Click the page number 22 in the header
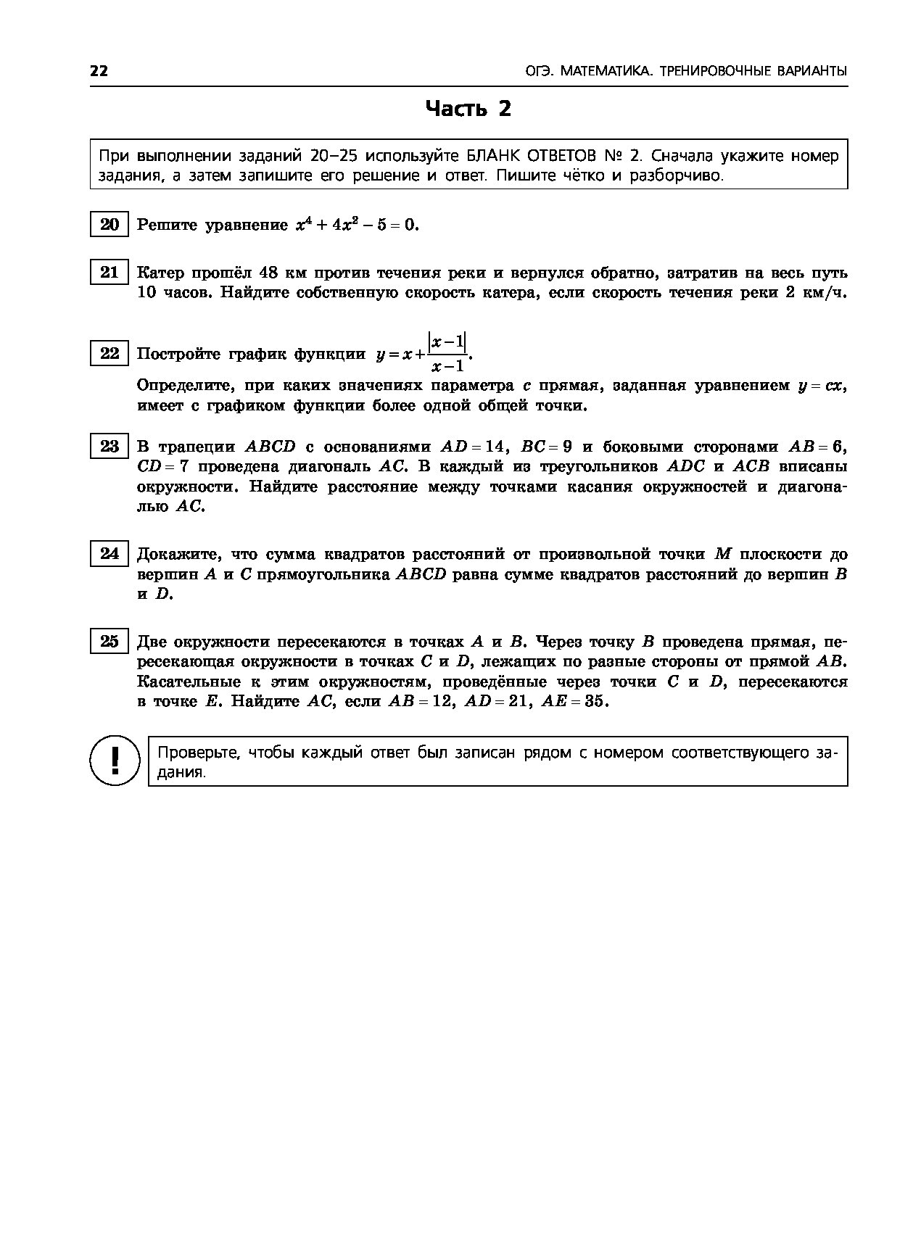(x=99, y=71)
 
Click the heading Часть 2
(x=468, y=109)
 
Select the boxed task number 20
(x=110, y=225)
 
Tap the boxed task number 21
(x=110, y=273)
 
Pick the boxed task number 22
(x=110, y=353)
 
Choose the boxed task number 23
(x=110, y=446)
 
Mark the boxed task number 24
(x=110, y=554)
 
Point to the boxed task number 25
(x=110, y=642)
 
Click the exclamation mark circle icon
(x=114, y=760)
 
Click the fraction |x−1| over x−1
(x=447, y=353)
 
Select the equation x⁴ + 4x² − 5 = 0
(x=358, y=225)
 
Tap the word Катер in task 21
(x=160, y=273)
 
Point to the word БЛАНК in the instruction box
(x=494, y=157)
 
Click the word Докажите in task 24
(x=179, y=555)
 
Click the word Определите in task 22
(x=184, y=386)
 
